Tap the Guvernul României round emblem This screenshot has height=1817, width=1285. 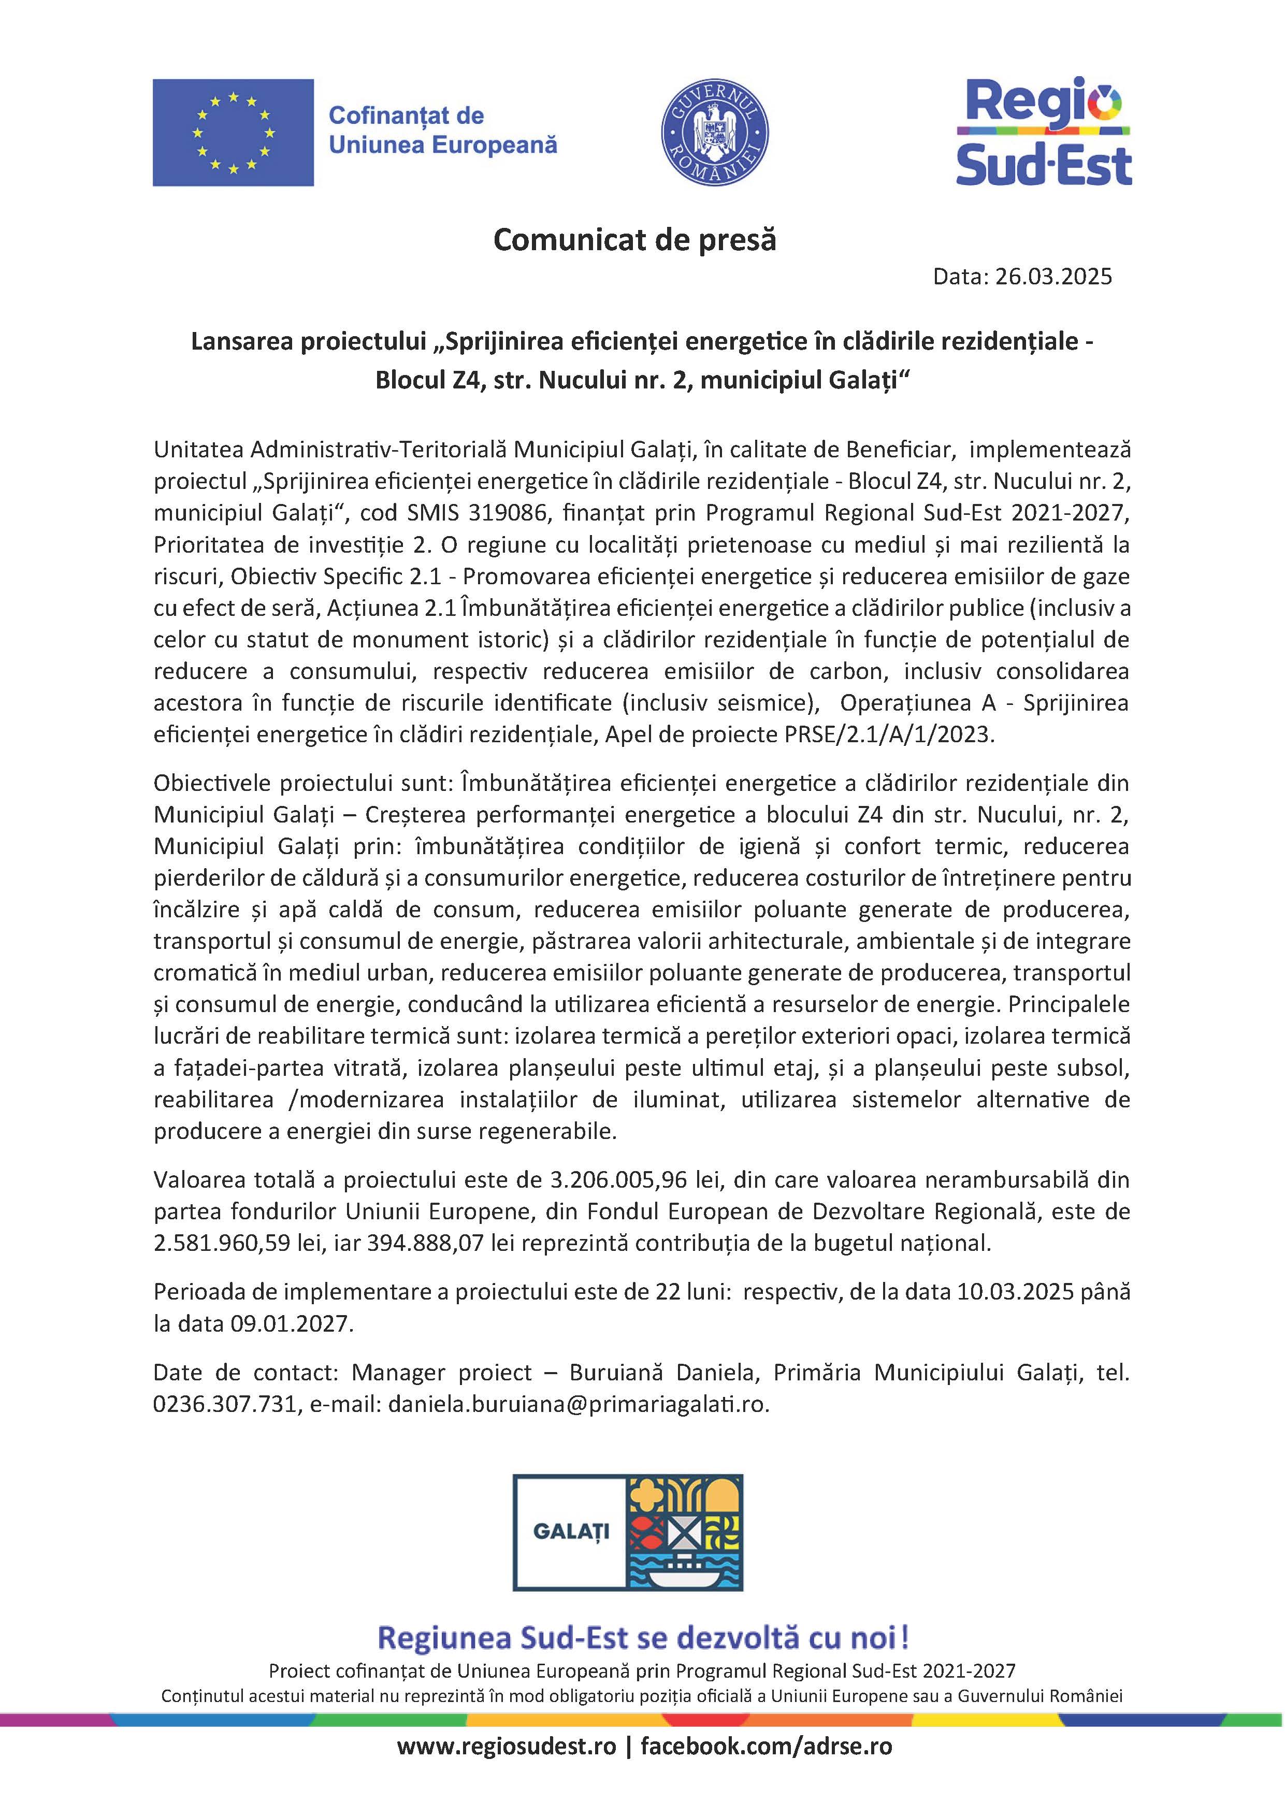[715, 132]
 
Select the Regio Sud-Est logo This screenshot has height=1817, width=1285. [1044, 132]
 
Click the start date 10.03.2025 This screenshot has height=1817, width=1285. [1015, 1291]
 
